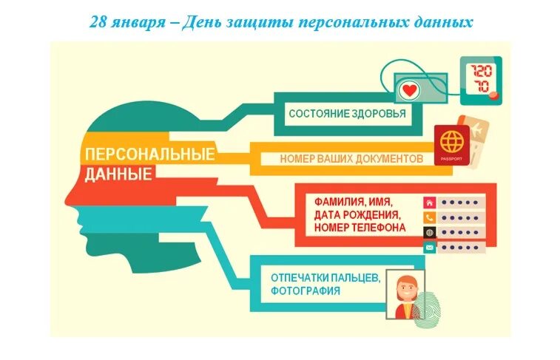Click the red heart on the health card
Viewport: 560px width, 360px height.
pyautogui.click(x=408, y=91)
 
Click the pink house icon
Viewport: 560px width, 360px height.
pyautogui.click(x=430, y=202)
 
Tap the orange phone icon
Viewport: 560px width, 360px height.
pyautogui.click(x=430, y=217)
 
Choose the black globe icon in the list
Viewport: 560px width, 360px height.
pyautogui.click(x=430, y=233)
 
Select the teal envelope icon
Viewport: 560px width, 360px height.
pyautogui.click(x=430, y=248)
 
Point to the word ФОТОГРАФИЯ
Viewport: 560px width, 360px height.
pyautogui.click(x=306, y=291)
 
